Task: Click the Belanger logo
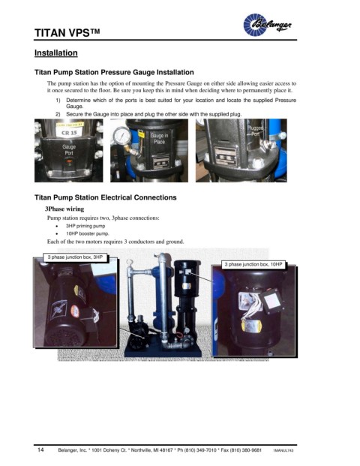pyautogui.click(x=267, y=25)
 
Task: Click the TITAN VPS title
pyautogui.click(x=67, y=33)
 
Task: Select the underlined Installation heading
pyautogui.click(x=56, y=53)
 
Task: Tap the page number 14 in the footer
pyautogui.click(x=40, y=449)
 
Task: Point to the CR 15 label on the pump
pyautogui.click(x=69, y=133)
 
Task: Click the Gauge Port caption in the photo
pyautogui.click(x=69, y=150)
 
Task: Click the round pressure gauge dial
pyautogui.click(x=121, y=136)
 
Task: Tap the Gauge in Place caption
pyautogui.click(x=159, y=139)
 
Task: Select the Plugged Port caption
pyautogui.click(x=255, y=131)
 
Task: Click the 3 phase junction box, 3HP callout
pyautogui.click(x=75, y=257)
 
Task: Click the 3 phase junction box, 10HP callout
pyautogui.click(x=253, y=264)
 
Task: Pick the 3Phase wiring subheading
pyautogui.click(x=64, y=209)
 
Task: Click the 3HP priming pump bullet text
pyautogui.click(x=85, y=226)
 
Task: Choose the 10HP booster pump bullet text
pyautogui.click(x=88, y=233)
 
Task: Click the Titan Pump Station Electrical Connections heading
pyautogui.click(x=106, y=197)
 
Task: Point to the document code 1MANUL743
pyautogui.click(x=283, y=450)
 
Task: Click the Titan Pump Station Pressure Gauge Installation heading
pyautogui.click(x=114, y=73)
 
